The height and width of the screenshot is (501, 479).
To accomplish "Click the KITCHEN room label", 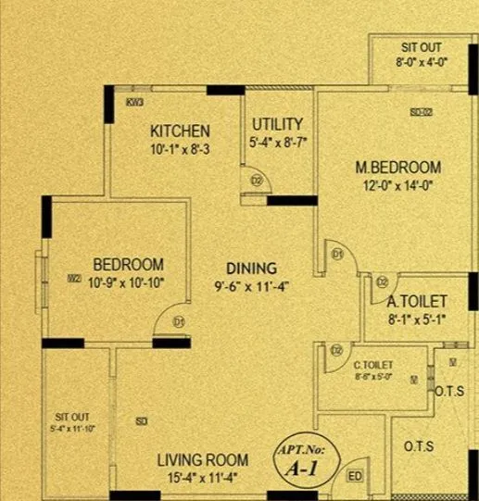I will point(180,131).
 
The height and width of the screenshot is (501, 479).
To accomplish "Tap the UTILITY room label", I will point(276,124).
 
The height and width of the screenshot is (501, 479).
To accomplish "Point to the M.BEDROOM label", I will point(398,168).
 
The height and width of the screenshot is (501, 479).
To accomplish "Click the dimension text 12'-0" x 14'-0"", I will point(398,184).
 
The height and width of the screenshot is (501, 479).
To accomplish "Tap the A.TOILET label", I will point(417,302).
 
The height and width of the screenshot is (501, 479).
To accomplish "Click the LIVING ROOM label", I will point(202,460).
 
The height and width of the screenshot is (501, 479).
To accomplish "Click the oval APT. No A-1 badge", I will point(307,459).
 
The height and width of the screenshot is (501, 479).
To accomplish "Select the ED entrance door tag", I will point(354,477).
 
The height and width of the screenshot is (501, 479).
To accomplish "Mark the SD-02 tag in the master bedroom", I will point(422,112).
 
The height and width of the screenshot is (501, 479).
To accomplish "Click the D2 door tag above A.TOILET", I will point(382,282).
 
